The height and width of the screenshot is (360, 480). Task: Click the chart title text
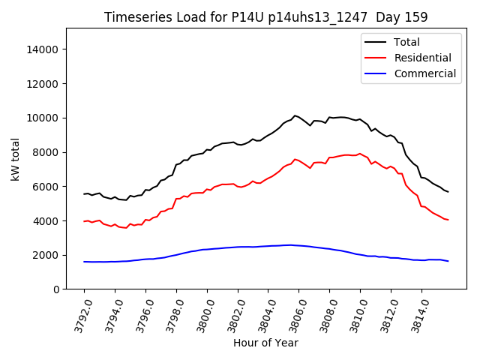point(265,17)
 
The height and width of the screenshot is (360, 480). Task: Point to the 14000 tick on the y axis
point(43,49)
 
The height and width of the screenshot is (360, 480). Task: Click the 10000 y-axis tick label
point(43,118)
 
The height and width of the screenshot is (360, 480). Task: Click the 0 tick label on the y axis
point(56,289)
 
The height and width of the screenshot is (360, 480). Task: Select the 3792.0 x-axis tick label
point(78,316)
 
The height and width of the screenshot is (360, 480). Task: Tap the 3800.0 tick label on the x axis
point(201,316)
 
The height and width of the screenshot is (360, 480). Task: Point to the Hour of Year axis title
point(265,343)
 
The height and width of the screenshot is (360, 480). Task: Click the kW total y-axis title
point(15,159)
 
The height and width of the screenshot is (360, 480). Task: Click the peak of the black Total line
point(295,115)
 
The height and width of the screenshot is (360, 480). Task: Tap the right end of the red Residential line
point(448,220)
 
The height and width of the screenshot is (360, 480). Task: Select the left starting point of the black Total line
point(84,193)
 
